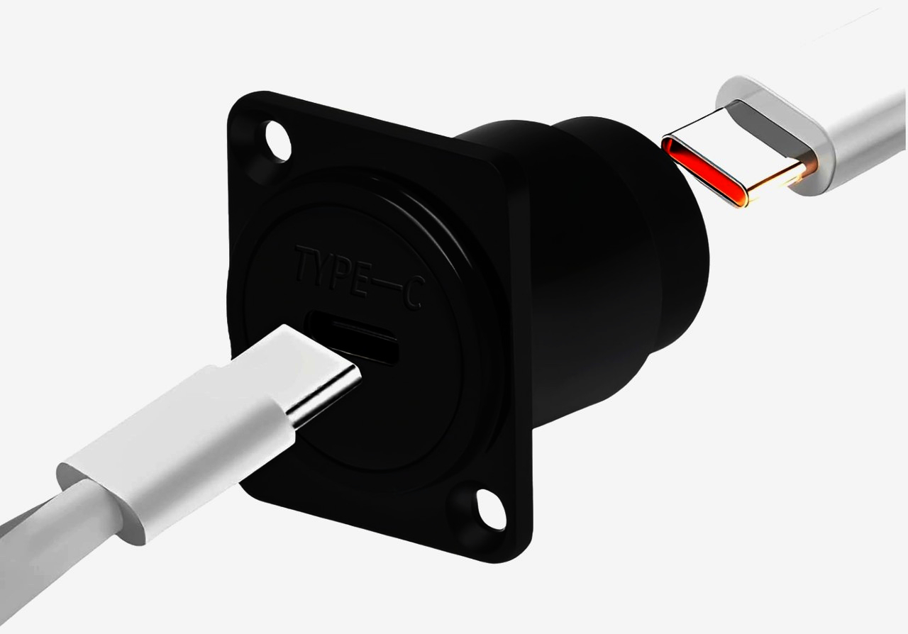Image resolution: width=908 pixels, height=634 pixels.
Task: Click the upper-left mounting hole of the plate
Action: [x=278, y=140]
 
